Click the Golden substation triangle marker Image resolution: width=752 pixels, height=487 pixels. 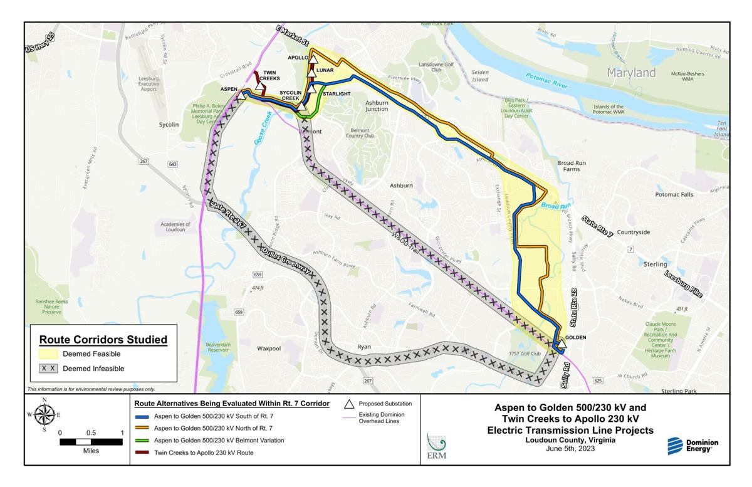click(x=561, y=344)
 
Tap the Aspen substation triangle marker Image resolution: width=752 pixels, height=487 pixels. click(x=241, y=95)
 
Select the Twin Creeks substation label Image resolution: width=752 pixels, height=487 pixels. click(x=269, y=75)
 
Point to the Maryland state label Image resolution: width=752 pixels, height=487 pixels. click(x=631, y=73)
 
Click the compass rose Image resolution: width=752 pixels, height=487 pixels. click(x=44, y=414)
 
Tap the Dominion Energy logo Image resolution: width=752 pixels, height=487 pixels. click(x=693, y=446)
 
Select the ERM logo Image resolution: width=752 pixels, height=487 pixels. click(x=436, y=446)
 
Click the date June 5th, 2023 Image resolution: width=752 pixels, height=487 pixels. click(x=570, y=449)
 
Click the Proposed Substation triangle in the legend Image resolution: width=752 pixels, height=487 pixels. click(x=350, y=404)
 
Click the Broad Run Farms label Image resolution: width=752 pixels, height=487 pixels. click(x=572, y=166)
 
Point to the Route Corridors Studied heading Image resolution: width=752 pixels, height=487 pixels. click(x=103, y=340)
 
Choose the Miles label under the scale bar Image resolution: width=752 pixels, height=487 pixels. click(x=91, y=451)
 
